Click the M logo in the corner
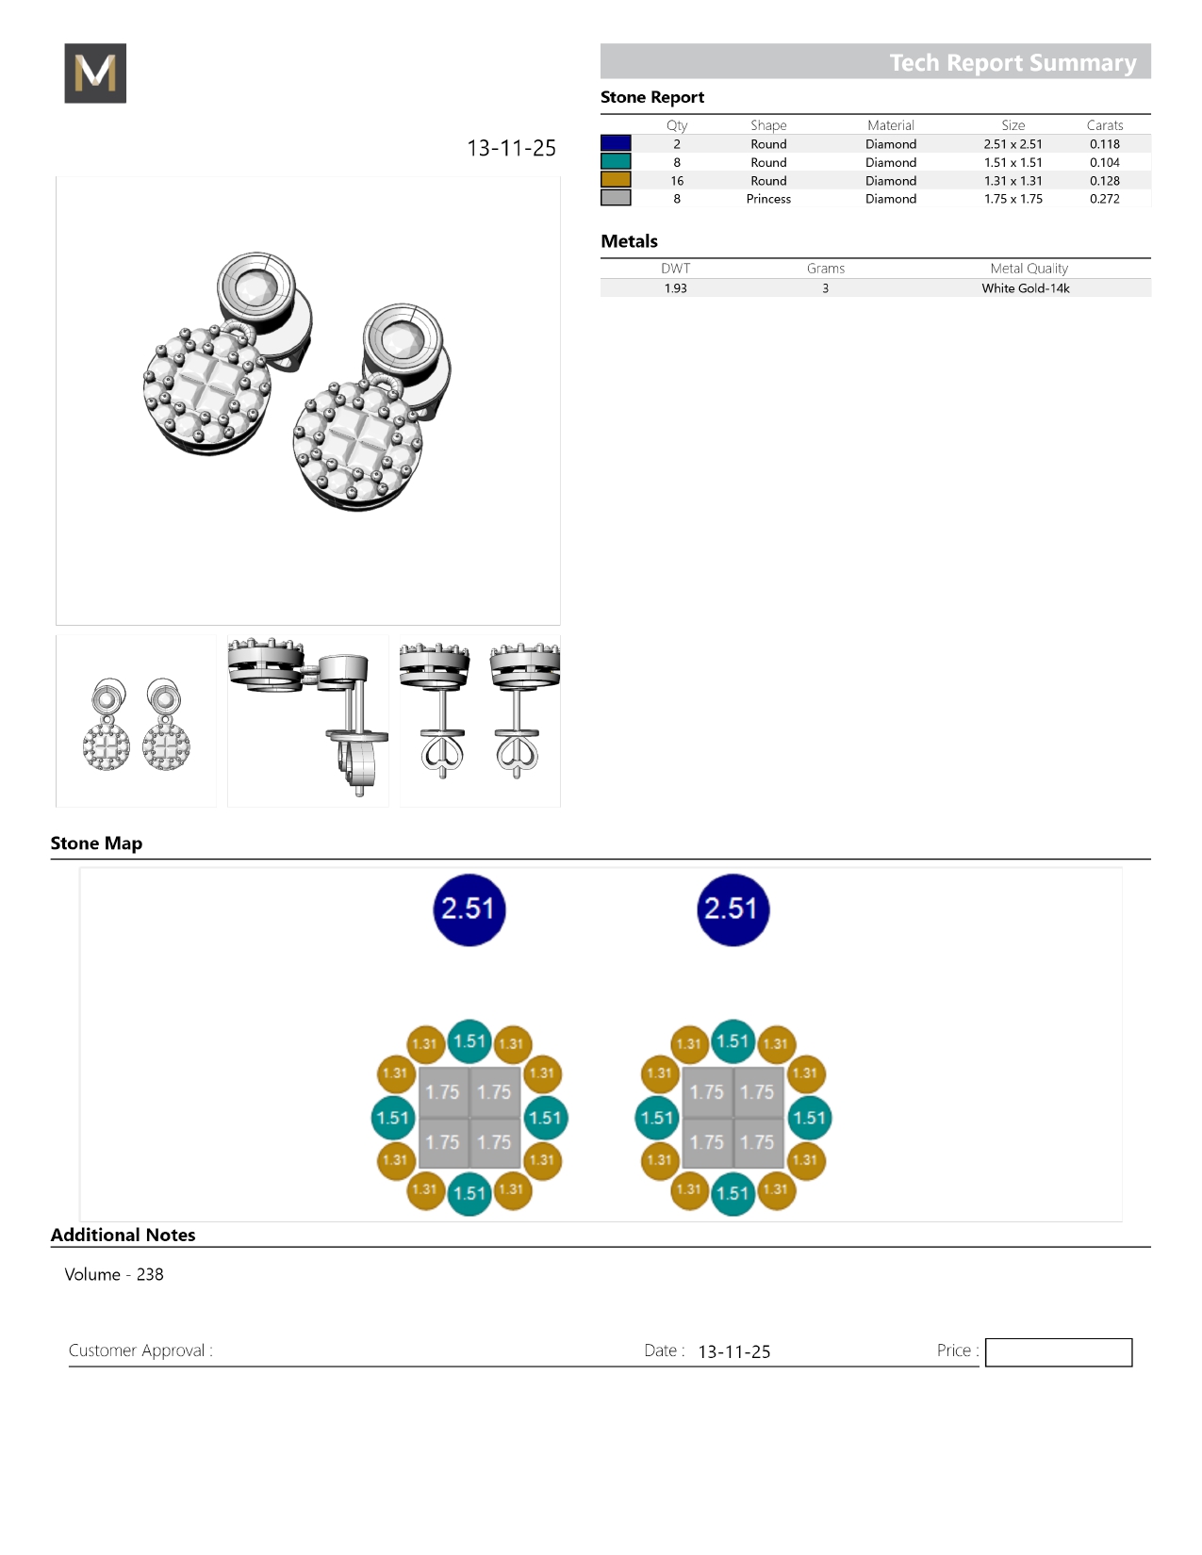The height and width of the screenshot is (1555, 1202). click(95, 74)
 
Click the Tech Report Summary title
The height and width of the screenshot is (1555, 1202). click(1012, 62)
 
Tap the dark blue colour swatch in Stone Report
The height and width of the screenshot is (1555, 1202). click(616, 143)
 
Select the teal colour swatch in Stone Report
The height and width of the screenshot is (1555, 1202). click(616, 162)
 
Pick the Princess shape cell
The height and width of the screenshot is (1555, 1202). click(768, 199)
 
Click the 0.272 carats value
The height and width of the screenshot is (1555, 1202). click(1104, 199)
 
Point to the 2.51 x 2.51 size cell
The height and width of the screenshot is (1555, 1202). click(1013, 144)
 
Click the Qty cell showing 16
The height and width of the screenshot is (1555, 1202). click(677, 181)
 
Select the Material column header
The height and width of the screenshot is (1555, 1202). click(890, 125)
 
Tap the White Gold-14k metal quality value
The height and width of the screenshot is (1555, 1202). click(1025, 288)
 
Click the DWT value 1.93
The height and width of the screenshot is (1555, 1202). click(675, 288)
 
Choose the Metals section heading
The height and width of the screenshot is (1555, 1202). click(629, 241)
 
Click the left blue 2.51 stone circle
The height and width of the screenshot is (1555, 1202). click(469, 909)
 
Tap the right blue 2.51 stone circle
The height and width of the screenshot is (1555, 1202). click(733, 909)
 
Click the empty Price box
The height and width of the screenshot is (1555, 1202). click(1058, 1352)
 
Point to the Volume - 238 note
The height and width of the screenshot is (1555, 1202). click(114, 1274)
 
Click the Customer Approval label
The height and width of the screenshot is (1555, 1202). click(140, 1350)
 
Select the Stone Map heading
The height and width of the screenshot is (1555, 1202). click(96, 843)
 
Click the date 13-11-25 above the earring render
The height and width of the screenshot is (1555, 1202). click(511, 148)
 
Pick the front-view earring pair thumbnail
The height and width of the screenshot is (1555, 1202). click(137, 722)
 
